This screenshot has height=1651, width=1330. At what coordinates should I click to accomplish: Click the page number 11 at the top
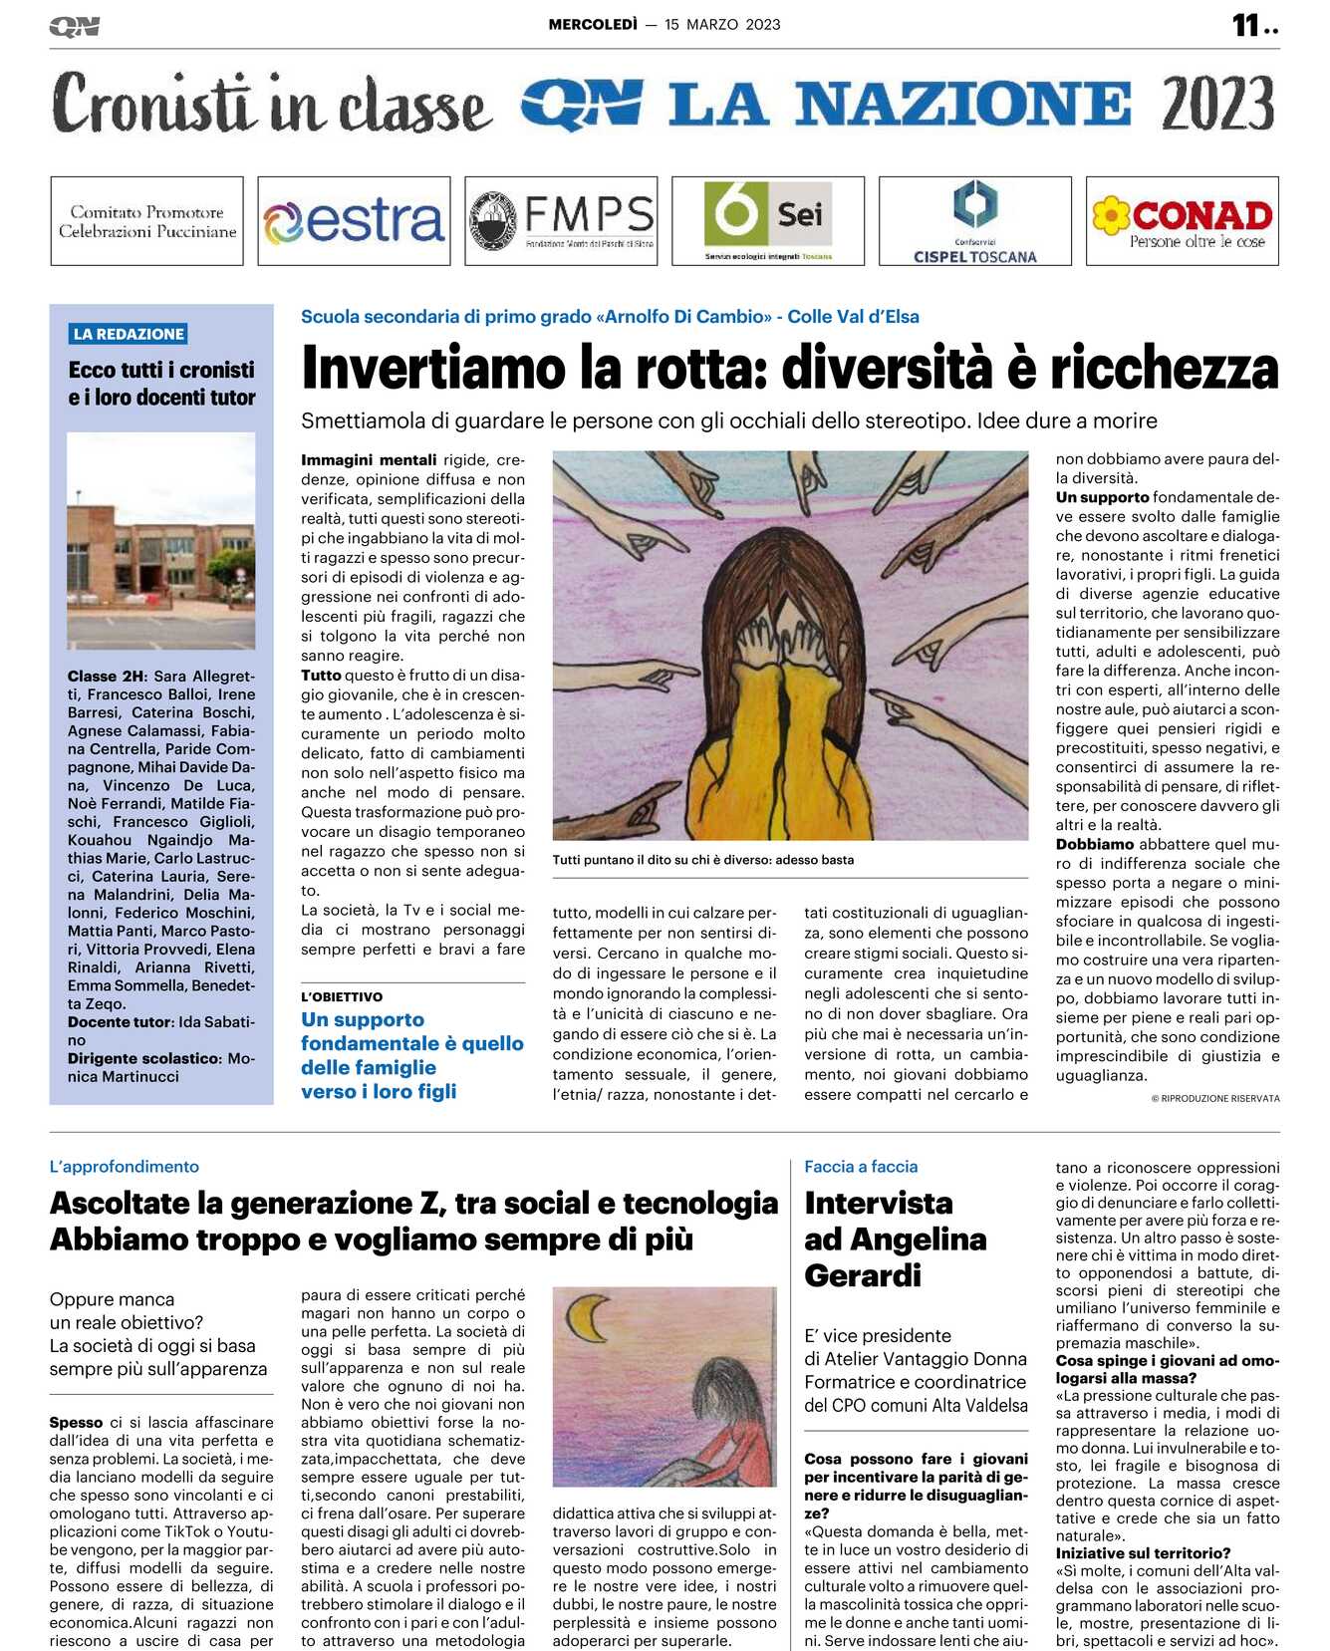pos(1246,25)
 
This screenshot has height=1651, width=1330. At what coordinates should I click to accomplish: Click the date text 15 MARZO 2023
pos(722,25)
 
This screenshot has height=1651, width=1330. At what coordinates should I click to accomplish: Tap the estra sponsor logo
pos(354,221)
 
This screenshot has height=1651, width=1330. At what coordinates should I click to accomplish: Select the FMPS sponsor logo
pos(561,221)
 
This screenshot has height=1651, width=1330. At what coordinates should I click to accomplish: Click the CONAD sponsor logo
pos(1182,221)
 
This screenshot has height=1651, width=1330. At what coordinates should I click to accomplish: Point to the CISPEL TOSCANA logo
pos(974,221)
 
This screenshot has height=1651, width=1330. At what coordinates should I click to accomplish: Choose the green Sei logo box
pos(768,221)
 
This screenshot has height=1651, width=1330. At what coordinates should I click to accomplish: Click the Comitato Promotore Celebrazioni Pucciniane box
pos(147,221)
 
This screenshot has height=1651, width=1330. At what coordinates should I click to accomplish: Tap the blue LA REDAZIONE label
pos(129,334)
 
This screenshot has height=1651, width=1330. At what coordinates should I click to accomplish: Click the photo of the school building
pos(161,541)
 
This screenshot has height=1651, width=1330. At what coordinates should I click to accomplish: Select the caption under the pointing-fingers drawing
pos(703,860)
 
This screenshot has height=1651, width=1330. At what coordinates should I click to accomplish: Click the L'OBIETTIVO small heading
pos(342,996)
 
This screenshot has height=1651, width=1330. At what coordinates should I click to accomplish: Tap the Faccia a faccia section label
pos(861,1167)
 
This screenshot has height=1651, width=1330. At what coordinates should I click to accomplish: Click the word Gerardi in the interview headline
pos(863,1275)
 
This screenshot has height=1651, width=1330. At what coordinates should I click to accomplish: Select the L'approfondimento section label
pos(125,1167)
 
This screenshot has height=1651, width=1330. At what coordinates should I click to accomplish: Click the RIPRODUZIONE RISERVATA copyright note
pos(1215,1098)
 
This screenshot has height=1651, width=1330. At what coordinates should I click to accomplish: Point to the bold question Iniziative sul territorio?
pos(1143,1553)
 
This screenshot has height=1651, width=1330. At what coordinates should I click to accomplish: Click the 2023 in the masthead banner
pos(1217,105)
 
